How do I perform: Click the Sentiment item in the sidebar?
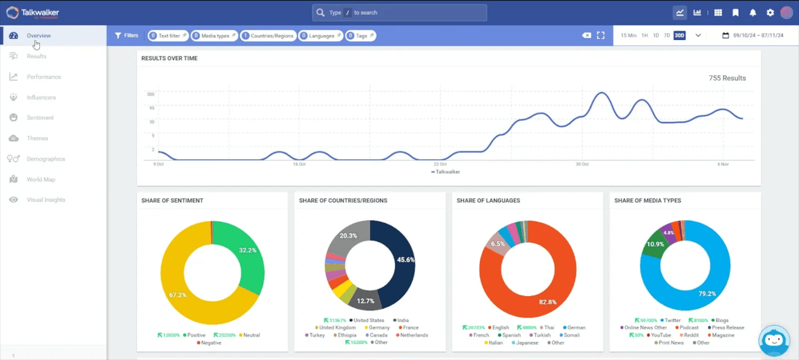click(x=39, y=118)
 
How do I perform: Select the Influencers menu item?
click(x=41, y=98)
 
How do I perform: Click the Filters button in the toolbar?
click(x=127, y=36)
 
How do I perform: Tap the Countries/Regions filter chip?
click(x=268, y=36)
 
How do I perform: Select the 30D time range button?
click(x=679, y=36)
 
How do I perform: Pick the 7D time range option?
click(x=667, y=36)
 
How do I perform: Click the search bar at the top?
click(x=399, y=13)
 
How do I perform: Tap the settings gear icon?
click(x=770, y=13)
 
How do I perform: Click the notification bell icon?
click(x=753, y=13)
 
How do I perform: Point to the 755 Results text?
click(x=727, y=78)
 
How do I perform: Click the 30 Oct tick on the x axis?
click(x=582, y=164)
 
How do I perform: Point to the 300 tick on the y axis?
click(x=151, y=94)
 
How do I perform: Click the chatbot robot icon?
click(x=774, y=340)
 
